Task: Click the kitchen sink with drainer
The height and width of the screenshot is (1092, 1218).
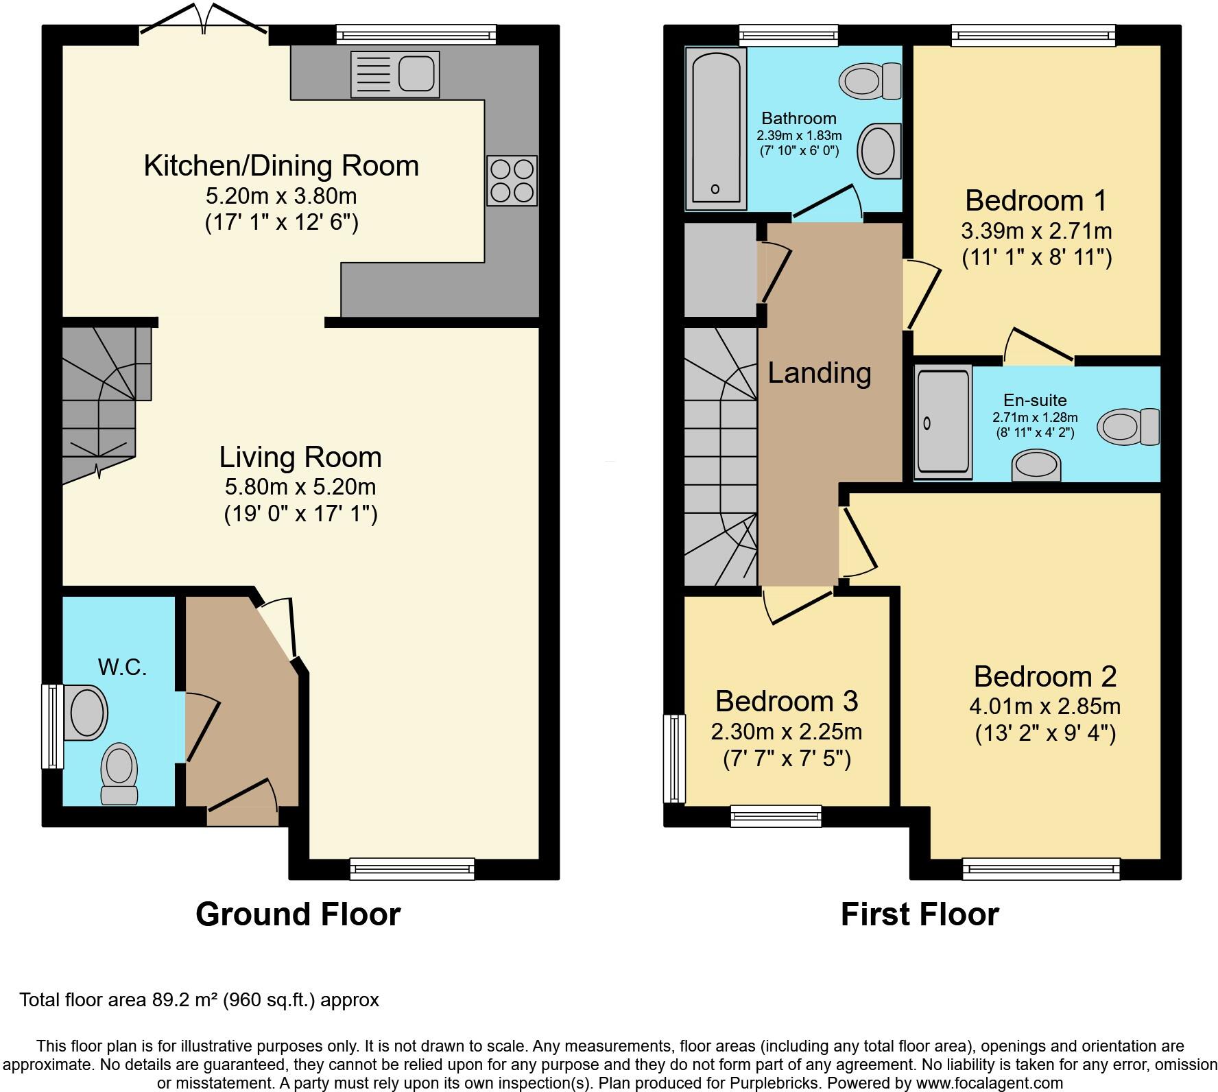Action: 395,74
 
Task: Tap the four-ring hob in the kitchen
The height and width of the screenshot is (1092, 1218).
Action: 512,180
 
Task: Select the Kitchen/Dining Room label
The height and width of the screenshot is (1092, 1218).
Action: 281,166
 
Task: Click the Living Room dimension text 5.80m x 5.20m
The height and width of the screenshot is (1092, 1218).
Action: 300,487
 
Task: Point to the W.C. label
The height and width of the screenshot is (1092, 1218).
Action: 122,667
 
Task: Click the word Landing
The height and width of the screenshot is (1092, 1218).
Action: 820,373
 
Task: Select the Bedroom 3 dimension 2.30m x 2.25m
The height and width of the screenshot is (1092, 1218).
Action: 787,732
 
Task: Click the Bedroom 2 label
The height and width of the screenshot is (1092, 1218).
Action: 1045,676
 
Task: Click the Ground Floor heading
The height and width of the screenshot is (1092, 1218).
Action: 298,914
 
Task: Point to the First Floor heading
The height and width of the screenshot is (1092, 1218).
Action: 920,914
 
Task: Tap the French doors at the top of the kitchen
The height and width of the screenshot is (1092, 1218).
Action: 203,21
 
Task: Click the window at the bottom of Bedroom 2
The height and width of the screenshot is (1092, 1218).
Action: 1041,869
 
